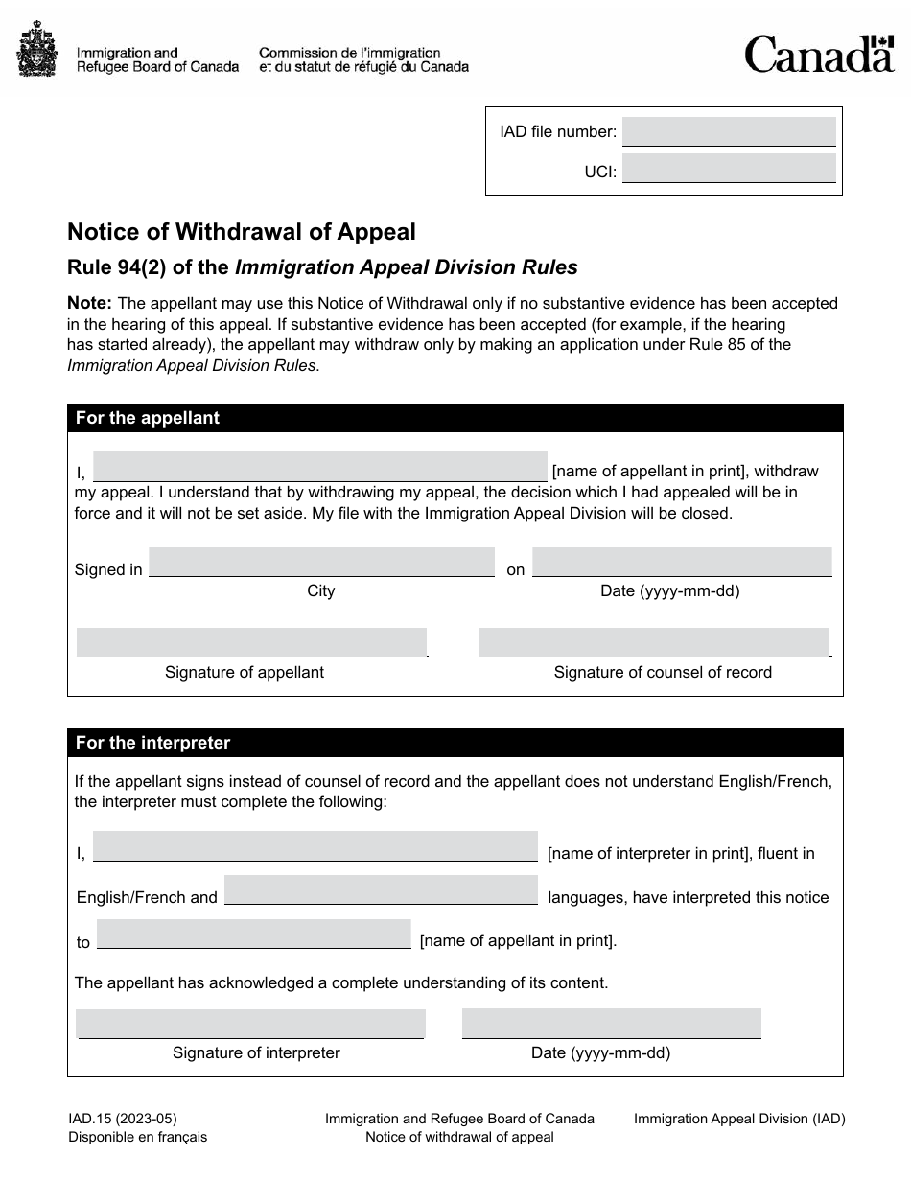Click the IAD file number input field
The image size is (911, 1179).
[x=729, y=131]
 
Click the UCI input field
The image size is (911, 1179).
[x=729, y=169]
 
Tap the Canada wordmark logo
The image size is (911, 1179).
[x=819, y=55]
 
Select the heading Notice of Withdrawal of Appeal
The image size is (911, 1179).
[x=241, y=232]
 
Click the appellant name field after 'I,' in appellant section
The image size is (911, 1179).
[x=320, y=467]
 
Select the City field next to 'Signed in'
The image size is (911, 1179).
[x=321, y=562]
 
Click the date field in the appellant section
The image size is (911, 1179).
[x=681, y=562]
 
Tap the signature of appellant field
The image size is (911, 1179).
[x=251, y=642]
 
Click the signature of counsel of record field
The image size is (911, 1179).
[x=652, y=642]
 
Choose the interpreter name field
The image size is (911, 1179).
[x=315, y=846]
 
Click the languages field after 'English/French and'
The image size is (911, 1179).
[x=381, y=890]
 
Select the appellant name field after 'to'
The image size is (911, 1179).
[x=254, y=934]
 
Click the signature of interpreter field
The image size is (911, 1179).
[x=250, y=1023]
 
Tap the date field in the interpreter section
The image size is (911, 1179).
[x=611, y=1023]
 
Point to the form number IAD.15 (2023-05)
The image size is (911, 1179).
[x=123, y=1118]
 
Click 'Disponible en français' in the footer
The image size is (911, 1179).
[x=137, y=1137]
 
